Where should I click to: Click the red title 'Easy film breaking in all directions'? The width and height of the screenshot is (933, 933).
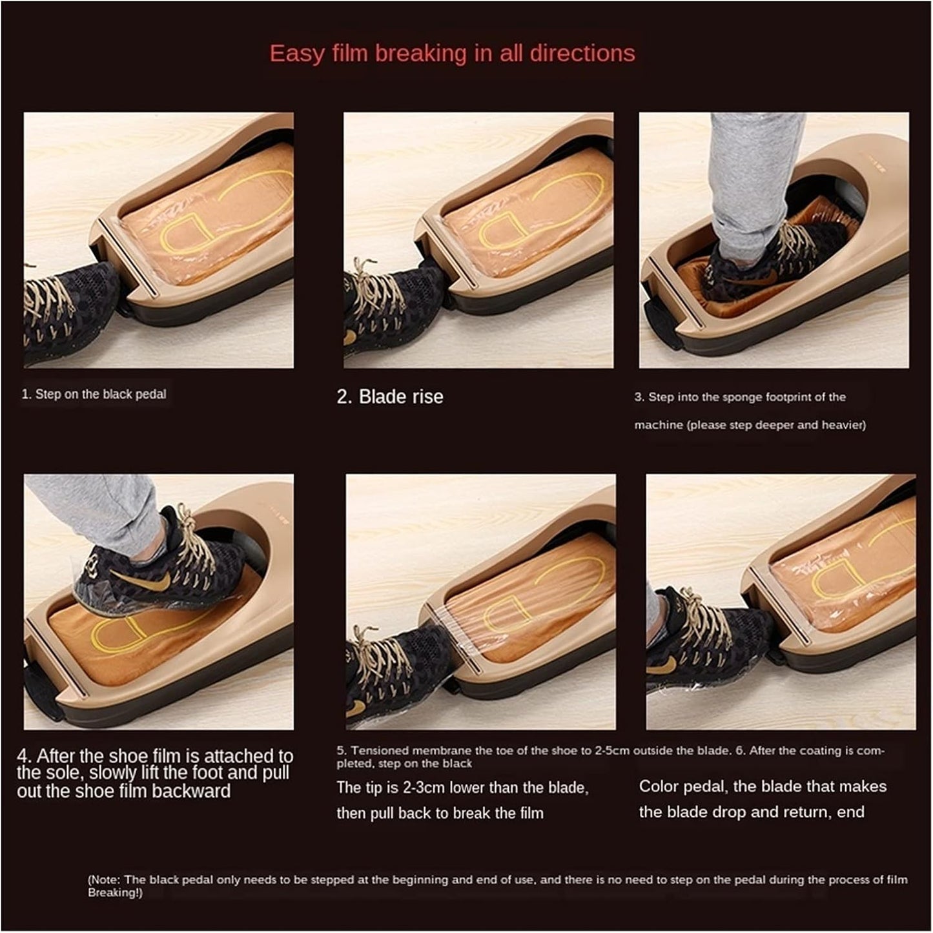[452, 53]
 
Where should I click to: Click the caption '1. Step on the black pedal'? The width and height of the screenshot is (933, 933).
[94, 395]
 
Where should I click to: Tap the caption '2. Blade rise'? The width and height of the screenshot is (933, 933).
[390, 396]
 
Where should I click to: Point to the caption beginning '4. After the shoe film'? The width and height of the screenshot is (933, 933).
[155, 774]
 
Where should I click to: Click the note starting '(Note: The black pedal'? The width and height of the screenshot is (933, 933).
[497, 885]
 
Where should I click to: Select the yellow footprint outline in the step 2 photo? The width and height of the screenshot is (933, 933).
[542, 213]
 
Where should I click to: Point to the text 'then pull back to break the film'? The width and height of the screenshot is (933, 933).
[439, 813]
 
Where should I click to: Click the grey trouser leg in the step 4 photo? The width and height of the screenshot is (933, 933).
[97, 510]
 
